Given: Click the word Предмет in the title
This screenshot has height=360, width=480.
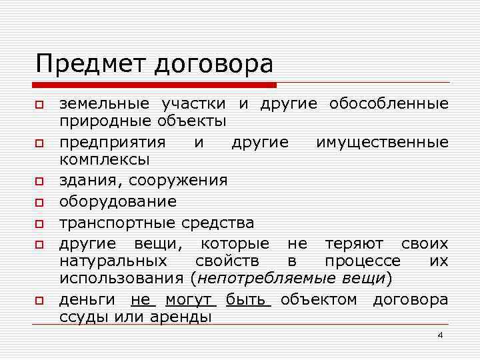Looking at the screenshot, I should point(92,64).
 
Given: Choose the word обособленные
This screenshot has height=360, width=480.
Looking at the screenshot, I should point(388,104).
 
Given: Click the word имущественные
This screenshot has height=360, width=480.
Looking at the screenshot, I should point(382,143).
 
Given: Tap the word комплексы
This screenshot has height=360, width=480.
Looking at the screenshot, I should point(104,160).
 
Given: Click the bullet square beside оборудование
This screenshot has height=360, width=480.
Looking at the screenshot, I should point(40,201).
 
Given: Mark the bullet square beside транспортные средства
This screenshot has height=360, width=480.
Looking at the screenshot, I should point(40,221).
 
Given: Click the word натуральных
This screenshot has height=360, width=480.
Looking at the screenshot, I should point(113,260).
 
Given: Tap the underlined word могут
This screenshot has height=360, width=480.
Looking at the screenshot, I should point(190,299).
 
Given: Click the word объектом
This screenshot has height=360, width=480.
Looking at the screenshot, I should point(319,299).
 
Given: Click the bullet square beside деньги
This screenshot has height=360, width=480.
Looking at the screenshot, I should point(40,300).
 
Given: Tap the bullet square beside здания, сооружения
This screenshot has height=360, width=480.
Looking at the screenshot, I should point(40,181).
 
